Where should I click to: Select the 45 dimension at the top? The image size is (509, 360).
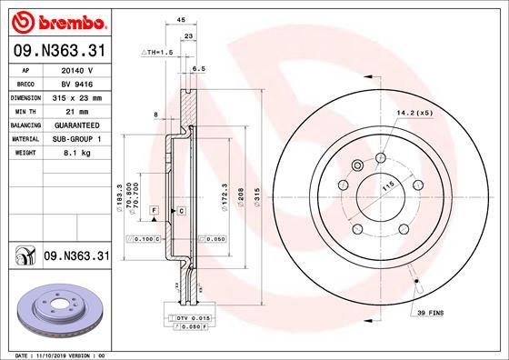181,17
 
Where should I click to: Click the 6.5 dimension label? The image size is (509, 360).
199,68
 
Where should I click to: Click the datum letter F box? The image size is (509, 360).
155,210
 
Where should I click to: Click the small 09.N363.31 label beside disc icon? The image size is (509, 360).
76,257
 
